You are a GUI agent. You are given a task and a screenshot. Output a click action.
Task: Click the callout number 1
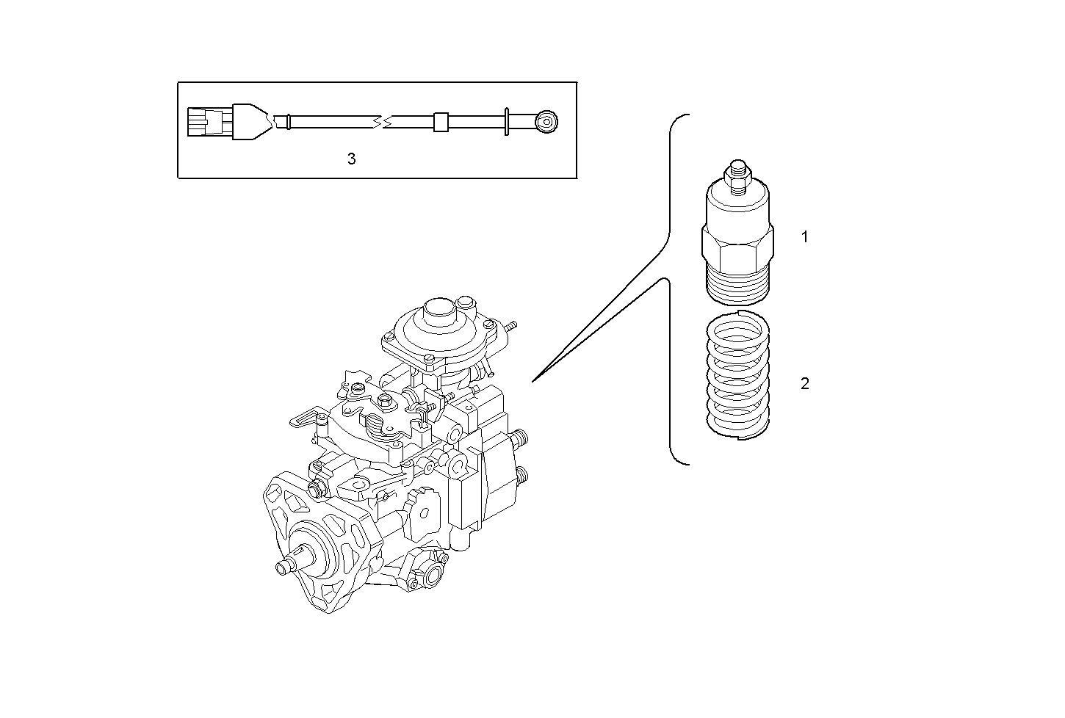point(804,237)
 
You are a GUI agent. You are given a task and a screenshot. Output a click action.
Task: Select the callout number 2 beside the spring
point(804,383)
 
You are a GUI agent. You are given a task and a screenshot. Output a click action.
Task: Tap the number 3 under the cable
point(351,159)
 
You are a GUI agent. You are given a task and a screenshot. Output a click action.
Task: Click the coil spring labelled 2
point(737,376)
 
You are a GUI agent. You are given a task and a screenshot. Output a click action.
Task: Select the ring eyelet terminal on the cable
point(546,120)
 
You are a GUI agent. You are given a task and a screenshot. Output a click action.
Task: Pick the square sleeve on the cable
point(441,121)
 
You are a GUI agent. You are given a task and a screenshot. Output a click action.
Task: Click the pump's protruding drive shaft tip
point(283,567)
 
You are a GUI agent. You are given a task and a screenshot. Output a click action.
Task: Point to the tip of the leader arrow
point(533,381)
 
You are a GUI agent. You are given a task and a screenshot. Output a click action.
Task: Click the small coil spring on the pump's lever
point(374,424)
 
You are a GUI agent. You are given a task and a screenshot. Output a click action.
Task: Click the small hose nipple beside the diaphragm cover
point(510,324)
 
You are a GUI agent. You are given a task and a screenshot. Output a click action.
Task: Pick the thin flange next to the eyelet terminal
point(507,121)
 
